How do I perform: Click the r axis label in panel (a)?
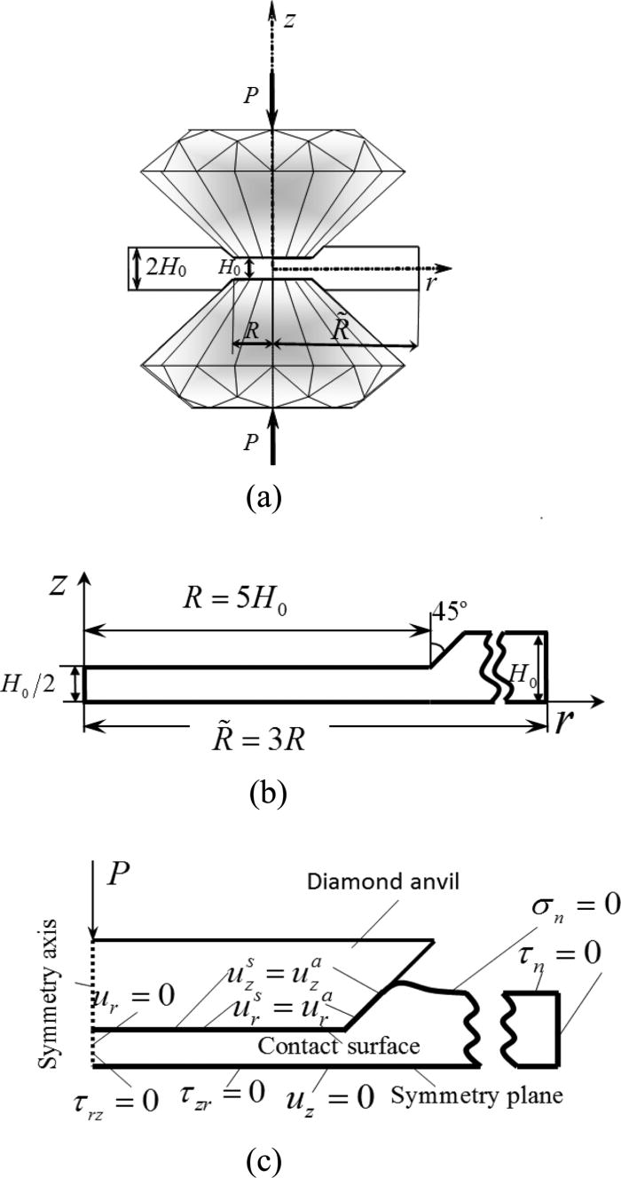tap(431, 284)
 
